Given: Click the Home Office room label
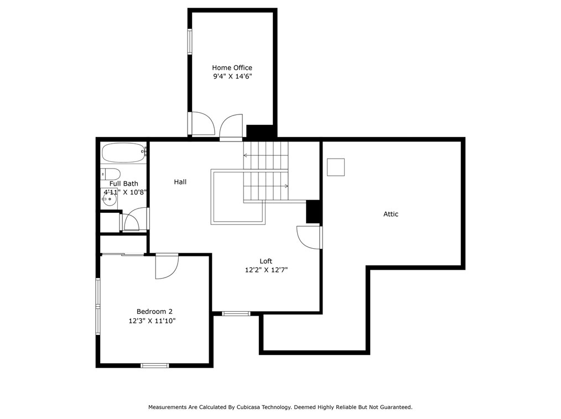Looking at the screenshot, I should pos(232,68).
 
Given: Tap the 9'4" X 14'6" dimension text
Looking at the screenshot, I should pos(232,77).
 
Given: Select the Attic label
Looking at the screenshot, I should pos(391,214).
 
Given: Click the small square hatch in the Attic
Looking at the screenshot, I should pos(335,167).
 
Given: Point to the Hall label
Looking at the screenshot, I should pos(180,182).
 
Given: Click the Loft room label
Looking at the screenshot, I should pos(266,261).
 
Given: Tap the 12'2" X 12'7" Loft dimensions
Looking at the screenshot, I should pos(266,270).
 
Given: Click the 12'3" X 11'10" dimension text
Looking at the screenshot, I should pos(152,321).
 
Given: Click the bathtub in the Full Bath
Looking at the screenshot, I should pos(123,153).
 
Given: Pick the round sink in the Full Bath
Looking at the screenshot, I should pos(109,200).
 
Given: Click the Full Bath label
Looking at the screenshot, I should pos(123,184).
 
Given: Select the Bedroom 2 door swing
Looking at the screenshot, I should pos(167,266).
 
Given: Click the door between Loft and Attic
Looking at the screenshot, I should pos(309,237).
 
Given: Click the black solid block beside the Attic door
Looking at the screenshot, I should pos(313,211).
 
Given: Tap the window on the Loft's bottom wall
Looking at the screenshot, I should pos(236,313).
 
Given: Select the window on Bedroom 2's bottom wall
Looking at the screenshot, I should pos(154,365).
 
